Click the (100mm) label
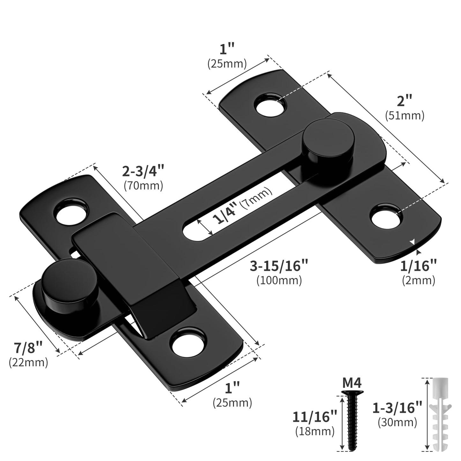coord(279,280)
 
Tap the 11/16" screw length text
coord(315,417)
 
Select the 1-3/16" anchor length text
coord(397,408)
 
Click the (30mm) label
coord(397,422)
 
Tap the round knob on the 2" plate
coord(328,139)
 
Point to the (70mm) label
coord(143,185)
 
